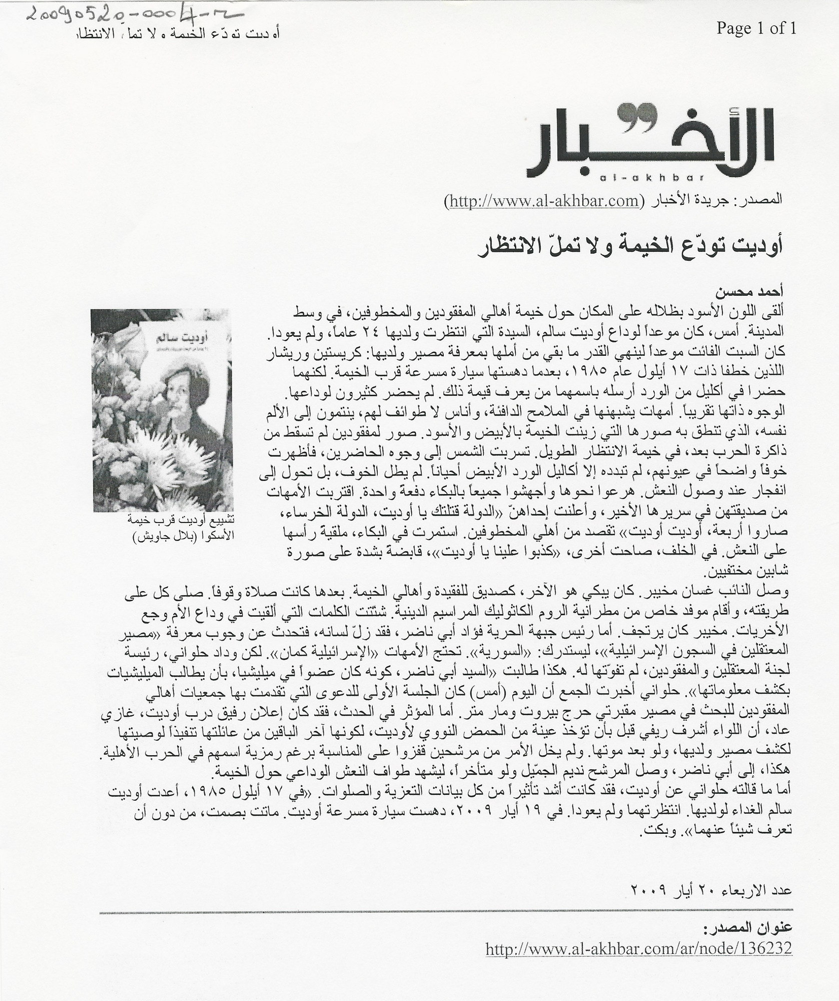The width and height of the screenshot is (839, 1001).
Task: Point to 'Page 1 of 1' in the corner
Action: [x=755, y=28]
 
